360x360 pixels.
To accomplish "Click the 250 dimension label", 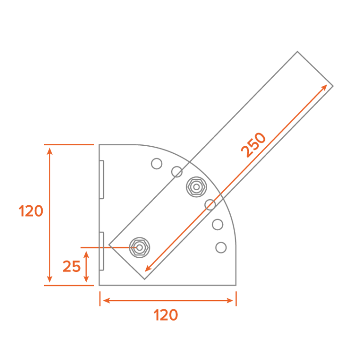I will pos(254,144).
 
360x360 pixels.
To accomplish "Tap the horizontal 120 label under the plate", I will pos(166,315).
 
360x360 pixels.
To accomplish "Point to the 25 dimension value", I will pos(72,266).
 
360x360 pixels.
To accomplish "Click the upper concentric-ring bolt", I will pos(196,187).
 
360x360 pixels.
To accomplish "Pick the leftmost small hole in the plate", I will pos(156,164).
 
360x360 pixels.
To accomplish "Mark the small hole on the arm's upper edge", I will pos(177,172).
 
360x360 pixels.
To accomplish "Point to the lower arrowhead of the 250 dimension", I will pos(147,270).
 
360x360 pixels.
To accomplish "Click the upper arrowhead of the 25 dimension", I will pos(86,253).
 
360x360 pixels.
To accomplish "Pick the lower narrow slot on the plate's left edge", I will pos(101,251).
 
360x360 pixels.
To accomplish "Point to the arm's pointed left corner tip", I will pos(109,245).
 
